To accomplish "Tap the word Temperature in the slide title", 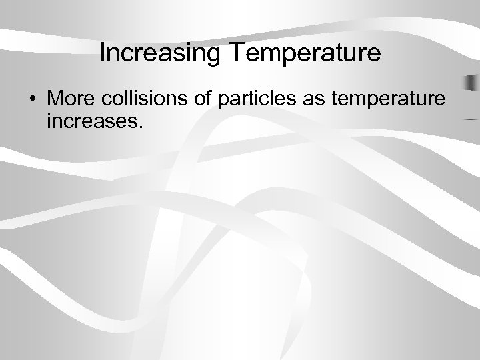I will tap(303, 53).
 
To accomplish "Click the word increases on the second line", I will tap(92, 123).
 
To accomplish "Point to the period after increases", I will tap(141, 127).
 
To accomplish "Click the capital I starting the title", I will tap(102, 53).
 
